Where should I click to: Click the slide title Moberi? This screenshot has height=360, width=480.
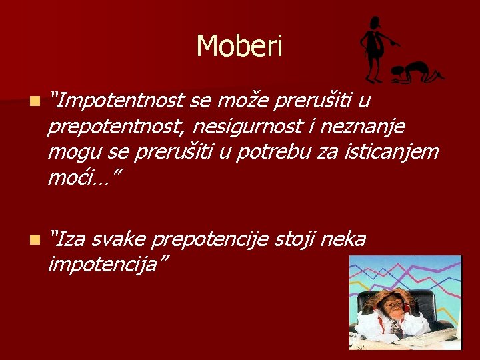pos(239,45)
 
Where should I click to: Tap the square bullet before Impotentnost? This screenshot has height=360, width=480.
pos(35,101)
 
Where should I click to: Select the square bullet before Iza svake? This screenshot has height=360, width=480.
pos(35,240)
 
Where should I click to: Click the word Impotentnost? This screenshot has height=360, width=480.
pos(120,101)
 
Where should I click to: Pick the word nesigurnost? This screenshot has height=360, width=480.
pos(248,126)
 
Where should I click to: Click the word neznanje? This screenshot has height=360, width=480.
pos(363,127)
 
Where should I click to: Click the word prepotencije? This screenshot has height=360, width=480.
pos(210,240)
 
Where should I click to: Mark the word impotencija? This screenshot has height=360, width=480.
pos(103,264)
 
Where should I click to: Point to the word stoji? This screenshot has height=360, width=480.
pos(294,240)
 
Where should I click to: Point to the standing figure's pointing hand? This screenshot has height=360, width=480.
pos(396,43)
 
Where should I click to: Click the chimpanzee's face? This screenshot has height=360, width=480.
pos(394,309)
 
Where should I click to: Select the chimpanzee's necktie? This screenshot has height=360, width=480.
pos(396,328)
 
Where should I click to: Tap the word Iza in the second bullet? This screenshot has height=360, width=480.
pos(69,239)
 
